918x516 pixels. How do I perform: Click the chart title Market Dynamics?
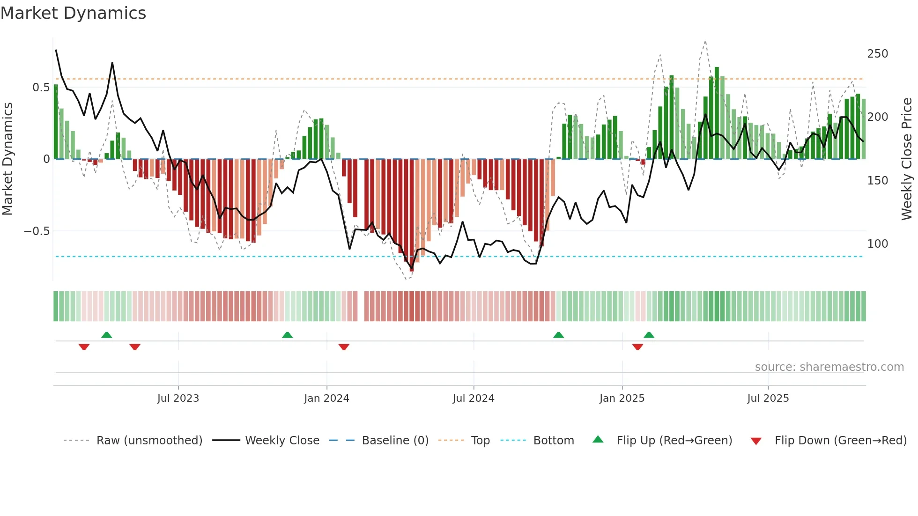click(x=74, y=13)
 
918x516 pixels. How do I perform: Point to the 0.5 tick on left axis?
click(x=41, y=88)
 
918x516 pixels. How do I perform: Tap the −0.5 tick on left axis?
click(x=37, y=231)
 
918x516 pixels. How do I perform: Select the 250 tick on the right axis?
click(x=877, y=54)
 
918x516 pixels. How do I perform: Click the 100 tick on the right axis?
click(x=877, y=244)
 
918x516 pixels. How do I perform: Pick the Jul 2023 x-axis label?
click(x=178, y=398)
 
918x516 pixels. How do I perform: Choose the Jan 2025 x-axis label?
click(x=622, y=398)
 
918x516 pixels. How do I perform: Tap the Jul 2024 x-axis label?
click(x=473, y=398)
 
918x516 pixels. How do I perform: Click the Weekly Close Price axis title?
click(x=907, y=159)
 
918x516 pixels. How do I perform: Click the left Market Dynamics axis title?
click(x=7, y=159)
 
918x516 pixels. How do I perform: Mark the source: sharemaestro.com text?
click(x=829, y=367)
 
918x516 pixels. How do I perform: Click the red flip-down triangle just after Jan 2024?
click(x=344, y=347)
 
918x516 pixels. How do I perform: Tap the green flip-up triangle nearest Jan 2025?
click(x=649, y=335)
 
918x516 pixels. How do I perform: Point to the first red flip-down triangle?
click(x=84, y=347)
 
